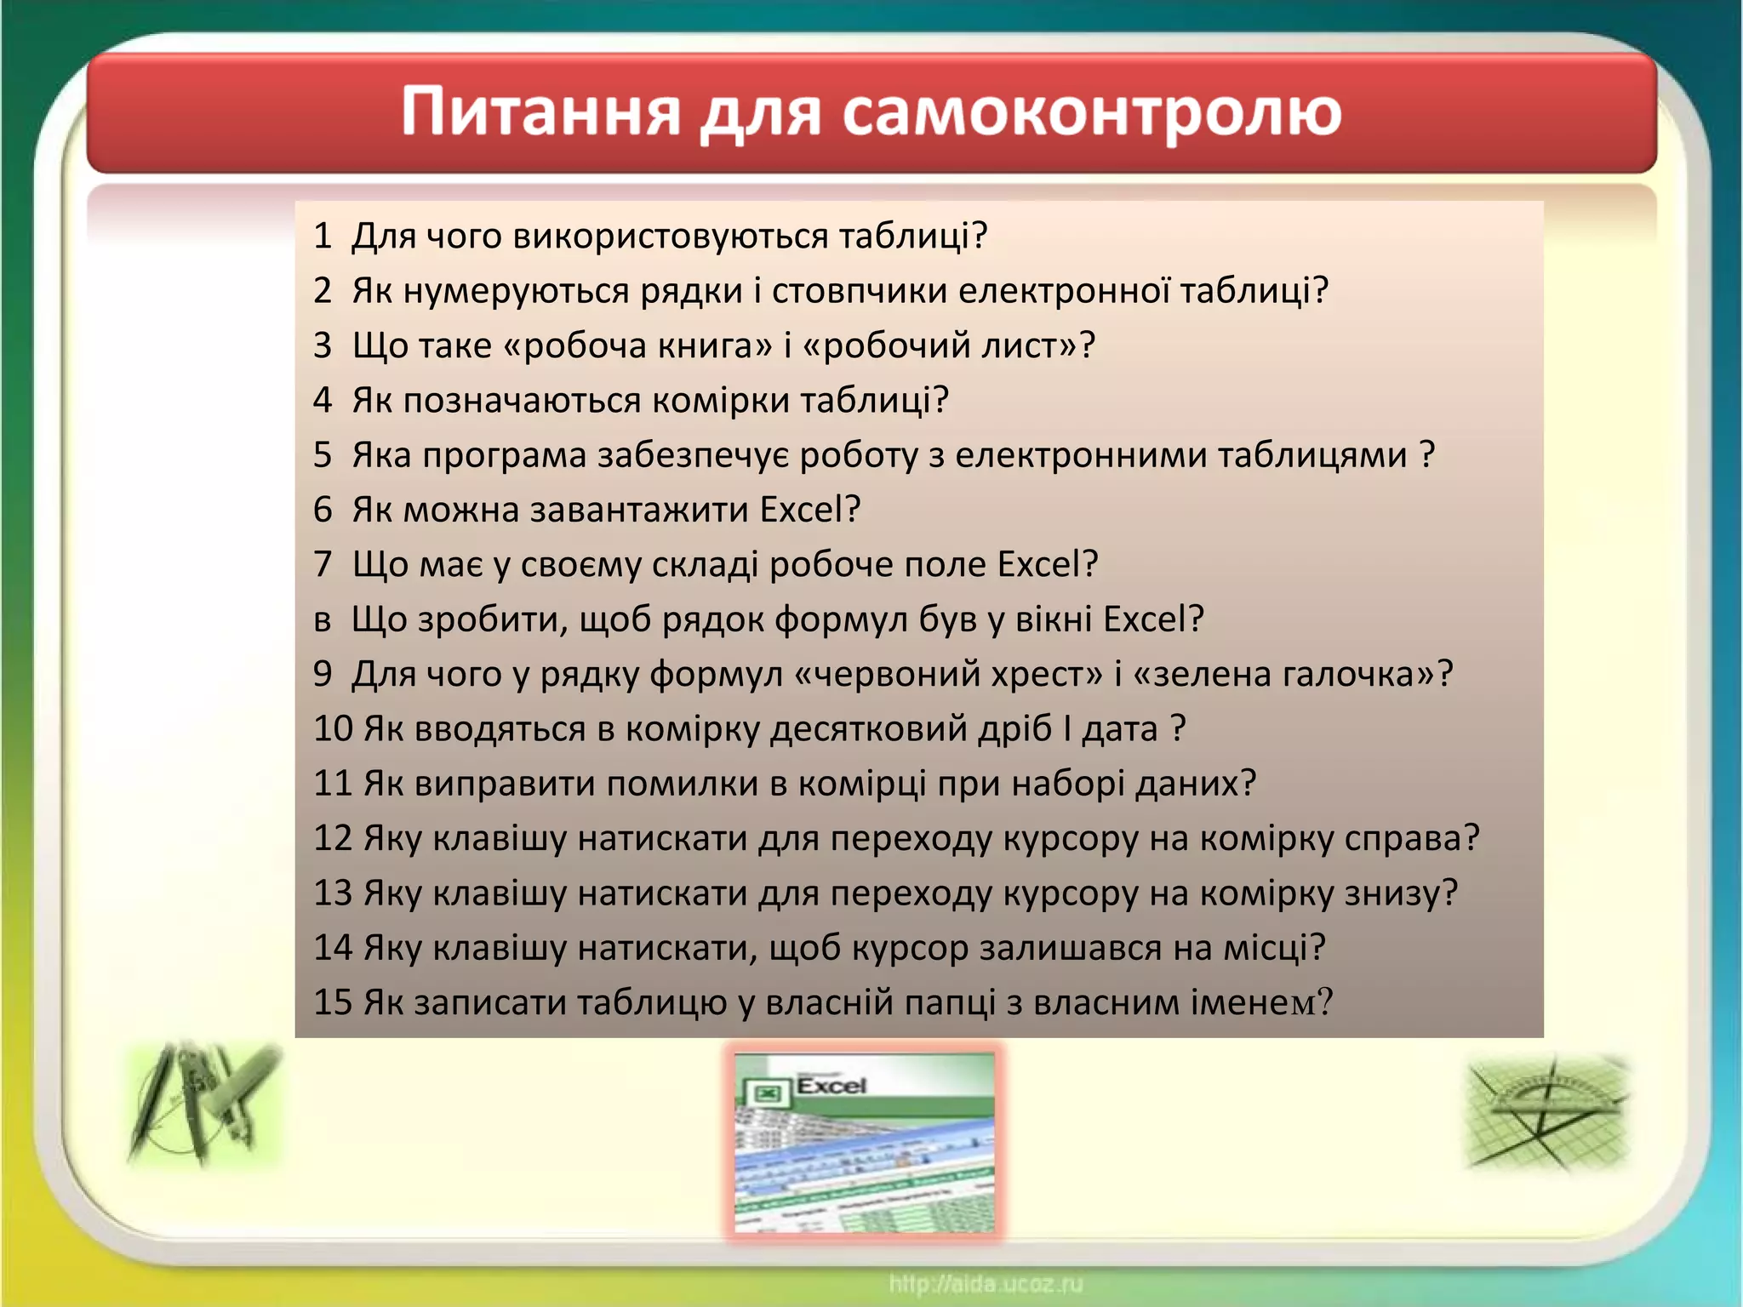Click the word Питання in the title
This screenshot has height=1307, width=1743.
click(x=540, y=112)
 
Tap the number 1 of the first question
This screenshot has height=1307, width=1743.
click(x=322, y=236)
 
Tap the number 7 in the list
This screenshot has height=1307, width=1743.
click(x=322, y=564)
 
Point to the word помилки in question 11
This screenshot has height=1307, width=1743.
click(x=681, y=784)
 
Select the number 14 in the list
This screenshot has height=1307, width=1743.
click(x=333, y=948)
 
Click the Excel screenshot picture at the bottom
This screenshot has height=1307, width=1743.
click(x=864, y=1142)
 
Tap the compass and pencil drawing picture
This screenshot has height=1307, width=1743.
click(x=204, y=1104)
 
